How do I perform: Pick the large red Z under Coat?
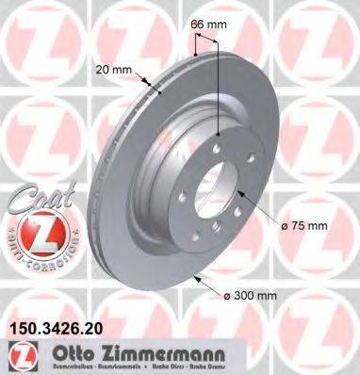32,235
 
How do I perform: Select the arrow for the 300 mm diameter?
198,276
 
